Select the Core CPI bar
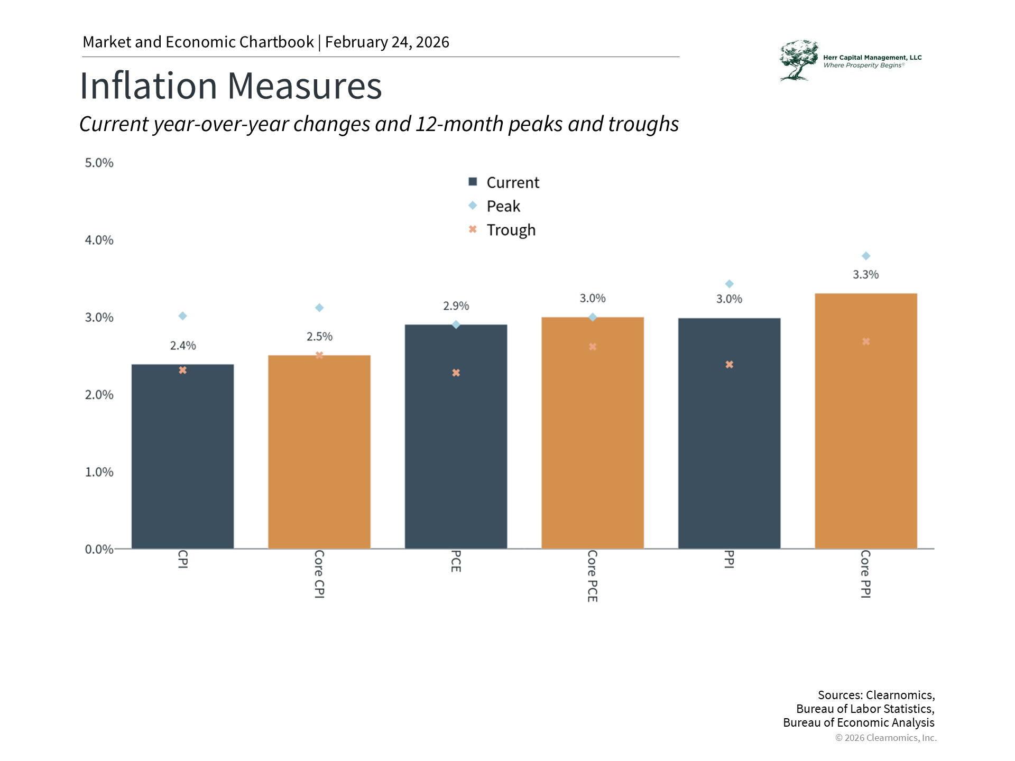click(319, 452)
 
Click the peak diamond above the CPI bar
click(182, 316)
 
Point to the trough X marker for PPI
click(729, 365)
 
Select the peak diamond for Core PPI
click(866, 256)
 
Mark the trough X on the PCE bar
click(456, 373)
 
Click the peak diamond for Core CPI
click(319, 308)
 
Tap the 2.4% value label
click(183, 346)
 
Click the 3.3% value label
click(865, 275)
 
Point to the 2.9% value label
click(456, 306)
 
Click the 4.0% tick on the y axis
click(99, 240)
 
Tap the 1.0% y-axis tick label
click(99, 472)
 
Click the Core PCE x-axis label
click(593, 576)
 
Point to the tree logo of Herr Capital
click(798, 60)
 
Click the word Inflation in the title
click(149, 86)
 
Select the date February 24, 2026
click(387, 42)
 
